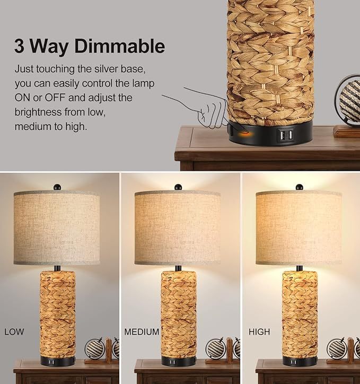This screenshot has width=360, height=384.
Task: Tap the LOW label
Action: pyautogui.click(x=14, y=332)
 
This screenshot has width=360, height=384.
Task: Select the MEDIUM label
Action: pyautogui.click(x=142, y=332)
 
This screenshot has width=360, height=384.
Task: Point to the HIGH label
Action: pyautogui.click(x=259, y=332)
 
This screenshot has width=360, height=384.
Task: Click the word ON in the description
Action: pyautogui.click(x=23, y=98)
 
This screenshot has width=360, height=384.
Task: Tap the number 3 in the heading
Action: pyautogui.click(x=20, y=46)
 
